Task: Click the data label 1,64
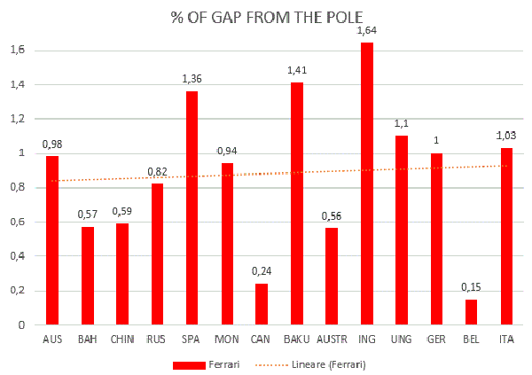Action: coord(366,31)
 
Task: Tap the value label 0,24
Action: coord(262,271)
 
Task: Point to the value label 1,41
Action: coord(296,70)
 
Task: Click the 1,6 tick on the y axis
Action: coord(17,51)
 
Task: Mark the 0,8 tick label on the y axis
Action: coord(17,188)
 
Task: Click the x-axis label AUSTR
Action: coord(331,340)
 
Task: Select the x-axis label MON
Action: coord(226,340)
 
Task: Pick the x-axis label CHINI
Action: coord(121,340)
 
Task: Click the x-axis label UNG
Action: coord(401,340)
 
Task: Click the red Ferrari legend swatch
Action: coord(202,364)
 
